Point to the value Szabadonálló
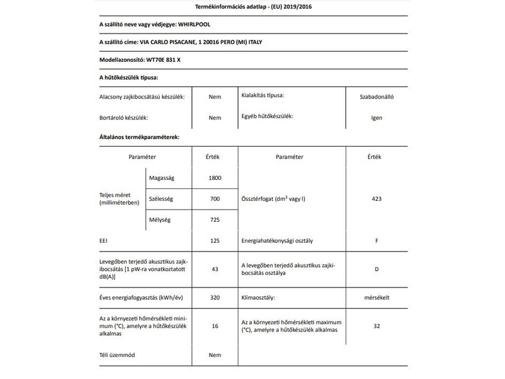(x=376, y=97)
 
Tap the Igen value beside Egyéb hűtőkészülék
(x=376, y=117)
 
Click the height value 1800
(x=215, y=178)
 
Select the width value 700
(x=215, y=199)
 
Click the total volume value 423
(x=376, y=199)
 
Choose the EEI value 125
(x=215, y=241)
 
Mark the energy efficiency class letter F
(x=376, y=241)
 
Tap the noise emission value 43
(x=215, y=269)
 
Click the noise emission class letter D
(x=376, y=269)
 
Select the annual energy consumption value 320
(x=215, y=296)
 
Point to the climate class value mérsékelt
(x=376, y=296)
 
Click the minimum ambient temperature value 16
(x=215, y=327)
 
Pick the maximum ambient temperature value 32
(x=376, y=327)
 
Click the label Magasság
(x=162, y=178)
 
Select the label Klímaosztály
(x=261, y=296)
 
